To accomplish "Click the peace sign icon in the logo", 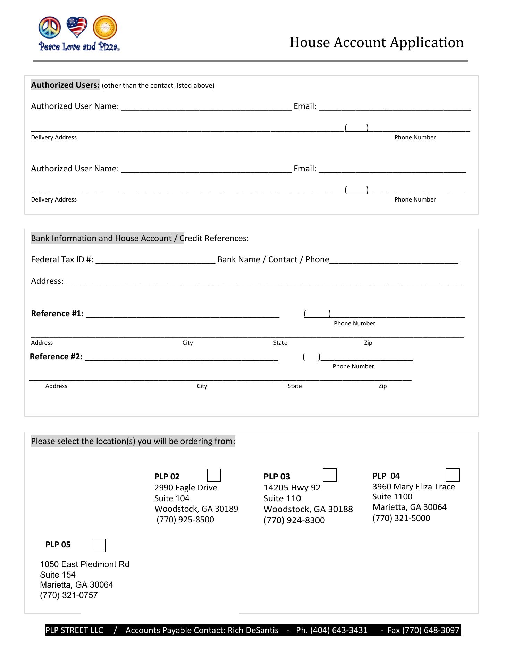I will pyautogui.click(x=50, y=27).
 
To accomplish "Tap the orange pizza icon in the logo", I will pyautogui.click(x=105, y=27).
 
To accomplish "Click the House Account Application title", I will pyautogui.click(x=377, y=42).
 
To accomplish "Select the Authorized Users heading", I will pyautogui.click(x=65, y=85).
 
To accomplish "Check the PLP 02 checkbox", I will pyautogui.click(x=213, y=475).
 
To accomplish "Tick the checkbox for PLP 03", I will pyautogui.click(x=329, y=475).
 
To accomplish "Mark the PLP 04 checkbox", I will pyautogui.click(x=453, y=475).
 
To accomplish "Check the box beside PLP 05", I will pyautogui.click(x=99, y=545).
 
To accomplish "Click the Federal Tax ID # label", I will pyautogui.click(x=62, y=259).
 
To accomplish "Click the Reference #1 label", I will pyautogui.click(x=57, y=314).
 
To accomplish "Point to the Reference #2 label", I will pyautogui.click(x=56, y=357).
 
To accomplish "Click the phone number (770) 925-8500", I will pyautogui.click(x=185, y=519).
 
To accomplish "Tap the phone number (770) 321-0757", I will pyautogui.click(x=69, y=595).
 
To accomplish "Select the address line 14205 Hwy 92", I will pyautogui.click(x=292, y=487).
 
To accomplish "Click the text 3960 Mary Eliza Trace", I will pyautogui.click(x=414, y=486).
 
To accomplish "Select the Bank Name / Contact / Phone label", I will pyautogui.click(x=273, y=259).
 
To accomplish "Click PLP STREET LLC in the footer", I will pyautogui.click(x=74, y=630).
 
